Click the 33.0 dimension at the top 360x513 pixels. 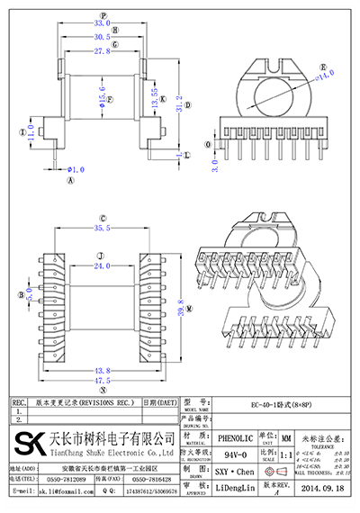pos(103,23)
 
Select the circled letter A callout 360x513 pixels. pos(69,179)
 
